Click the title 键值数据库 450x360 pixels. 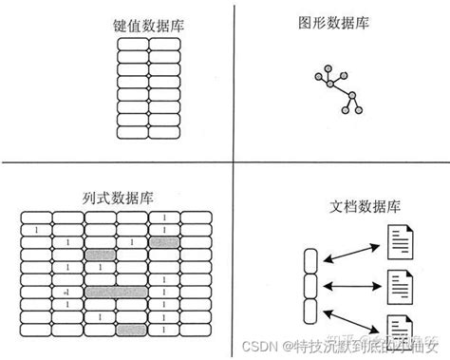point(148,26)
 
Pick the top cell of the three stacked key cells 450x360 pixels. point(310,260)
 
